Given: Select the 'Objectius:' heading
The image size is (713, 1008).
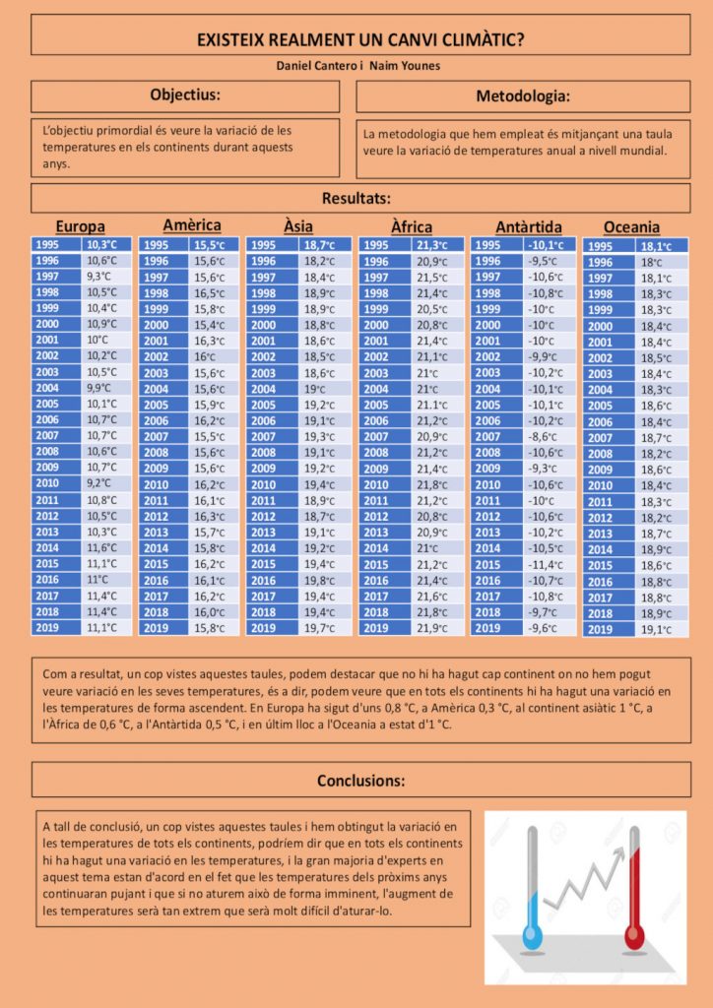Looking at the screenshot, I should pos(185,95).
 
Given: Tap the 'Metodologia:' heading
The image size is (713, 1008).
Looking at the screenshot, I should pos(523,96).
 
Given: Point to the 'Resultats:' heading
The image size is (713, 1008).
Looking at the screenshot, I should pos(356,198).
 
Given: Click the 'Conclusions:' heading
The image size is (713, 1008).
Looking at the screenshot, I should pos(360,781).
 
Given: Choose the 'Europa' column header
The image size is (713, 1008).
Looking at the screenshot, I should pos(81,226).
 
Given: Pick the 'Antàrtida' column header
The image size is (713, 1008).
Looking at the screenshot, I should pos(529,226).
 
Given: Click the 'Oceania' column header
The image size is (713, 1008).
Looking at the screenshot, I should pos(631,227).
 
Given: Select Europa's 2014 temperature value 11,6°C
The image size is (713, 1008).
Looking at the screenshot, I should pos(102,547).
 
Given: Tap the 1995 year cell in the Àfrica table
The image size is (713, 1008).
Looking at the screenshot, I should pos(376,245).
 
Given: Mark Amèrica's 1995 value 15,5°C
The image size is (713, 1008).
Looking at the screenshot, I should pos(211,245).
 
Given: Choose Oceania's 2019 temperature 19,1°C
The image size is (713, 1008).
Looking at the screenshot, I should pos(657,630).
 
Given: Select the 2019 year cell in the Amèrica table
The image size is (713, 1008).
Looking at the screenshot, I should pos(156,627).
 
